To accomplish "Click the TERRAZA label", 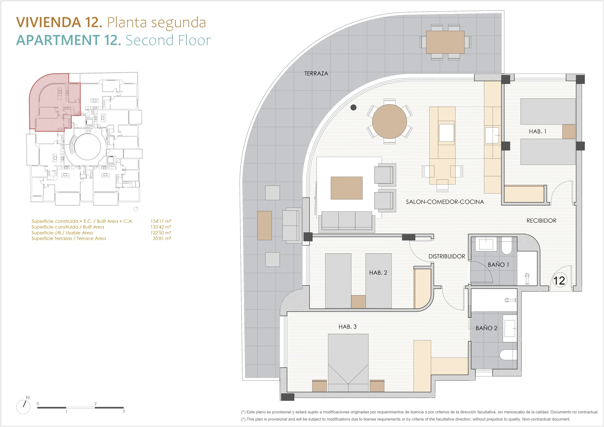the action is pyautogui.click(x=316, y=74).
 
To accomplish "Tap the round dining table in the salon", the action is pyautogui.click(x=389, y=121).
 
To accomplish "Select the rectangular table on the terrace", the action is pyautogui.click(x=445, y=42).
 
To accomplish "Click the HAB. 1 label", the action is pyautogui.click(x=537, y=131).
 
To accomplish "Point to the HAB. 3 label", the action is pyautogui.click(x=348, y=327).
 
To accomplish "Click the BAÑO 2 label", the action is pyautogui.click(x=487, y=328).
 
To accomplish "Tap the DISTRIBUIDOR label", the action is pyautogui.click(x=447, y=256).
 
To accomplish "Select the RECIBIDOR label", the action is pyautogui.click(x=541, y=221).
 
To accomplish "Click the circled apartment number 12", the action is pyautogui.click(x=559, y=281).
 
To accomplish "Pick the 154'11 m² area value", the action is pyautogui.click(x=161, y=221).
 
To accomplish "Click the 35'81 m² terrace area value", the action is pyautogui.click(x=162, y=238).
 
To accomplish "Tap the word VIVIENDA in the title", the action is pyautogui.click(x=48, y=22).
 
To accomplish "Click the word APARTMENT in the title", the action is pyautogui.click(x=58, y=40).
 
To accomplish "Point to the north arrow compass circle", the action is pyautogui.click(x=23, y=407).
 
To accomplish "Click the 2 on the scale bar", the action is pyautogui.click(x=95, y=404).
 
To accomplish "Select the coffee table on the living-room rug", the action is pyautogui.click(x=346, y=188).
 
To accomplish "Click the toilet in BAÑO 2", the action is pyautogui.click(x=508, y=355).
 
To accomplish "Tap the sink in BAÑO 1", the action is pyautogui.click(x=486, y=244).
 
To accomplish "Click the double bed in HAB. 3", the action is pyautogui.click(x=348, y=363).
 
